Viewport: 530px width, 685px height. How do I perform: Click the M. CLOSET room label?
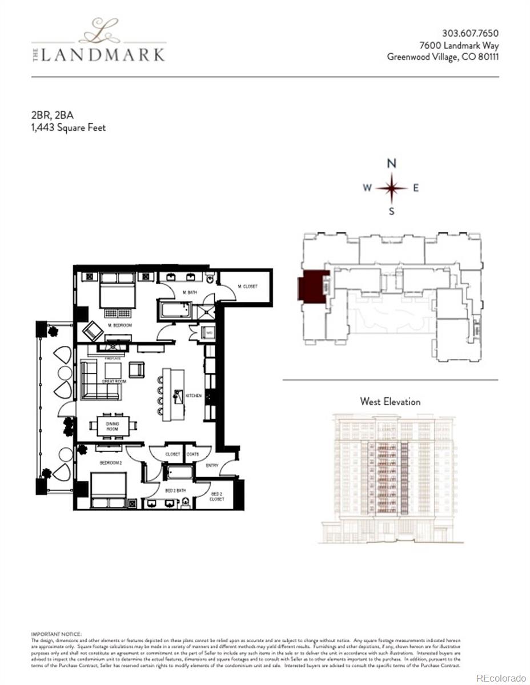pyautogui.click(x=247, y=287)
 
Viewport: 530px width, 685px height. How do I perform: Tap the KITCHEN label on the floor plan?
pyautogui.click(x=194, y=395)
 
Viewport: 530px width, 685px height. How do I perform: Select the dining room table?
pyautogui.click(x=113, y=425)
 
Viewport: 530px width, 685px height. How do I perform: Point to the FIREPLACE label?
pyautogui.click(x=111, y=358)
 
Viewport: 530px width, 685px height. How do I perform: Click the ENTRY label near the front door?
pyautogui.click(x=212, y=465)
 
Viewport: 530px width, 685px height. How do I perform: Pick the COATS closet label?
pyautogui.click(x=193, y=454)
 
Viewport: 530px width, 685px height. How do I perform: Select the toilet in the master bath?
pyautogui.click(x=211, y=279)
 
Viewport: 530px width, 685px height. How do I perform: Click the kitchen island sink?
pyautogui.click(x=178, y=395)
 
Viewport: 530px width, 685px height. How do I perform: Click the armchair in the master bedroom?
pyautogui.click(x=93, y=331)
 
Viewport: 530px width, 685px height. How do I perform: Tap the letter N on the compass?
pyautogui.click(x=392, y=163)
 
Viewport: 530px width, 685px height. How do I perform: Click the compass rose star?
pyautogui.click(x=392, y=188)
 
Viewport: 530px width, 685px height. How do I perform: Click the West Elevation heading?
pyautogui.click(x=390, y=401)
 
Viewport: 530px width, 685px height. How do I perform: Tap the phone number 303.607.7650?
pyautogui.click(x=471, y=33)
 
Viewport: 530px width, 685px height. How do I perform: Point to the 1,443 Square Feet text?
pyautogui.click(x=69, y=127)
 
